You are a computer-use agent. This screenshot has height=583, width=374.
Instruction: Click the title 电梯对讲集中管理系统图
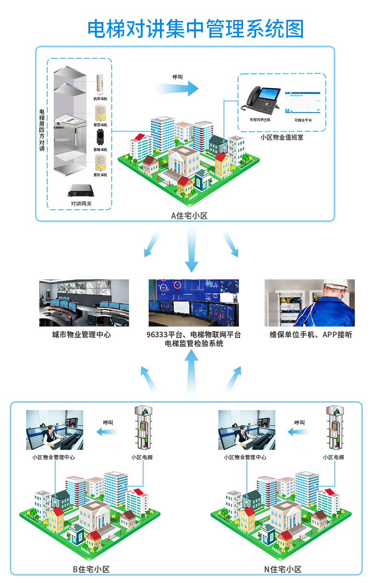point(195,28)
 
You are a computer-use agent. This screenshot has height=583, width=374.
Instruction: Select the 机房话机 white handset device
point(100,84)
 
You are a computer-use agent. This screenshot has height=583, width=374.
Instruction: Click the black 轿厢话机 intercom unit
point(100,137)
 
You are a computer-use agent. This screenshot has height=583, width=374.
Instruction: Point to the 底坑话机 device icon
point(100,162)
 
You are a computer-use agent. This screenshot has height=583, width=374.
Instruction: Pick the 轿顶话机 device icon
point(100,111)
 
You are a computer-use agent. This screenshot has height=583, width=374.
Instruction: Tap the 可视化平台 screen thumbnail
point(303,102)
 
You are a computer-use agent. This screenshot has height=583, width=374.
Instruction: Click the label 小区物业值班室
point(281,137)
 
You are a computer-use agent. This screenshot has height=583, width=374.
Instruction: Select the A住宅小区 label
point(189,215)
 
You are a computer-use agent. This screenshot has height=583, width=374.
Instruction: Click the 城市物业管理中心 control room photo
point(84,303)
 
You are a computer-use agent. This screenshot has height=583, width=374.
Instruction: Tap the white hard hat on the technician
point(335,284)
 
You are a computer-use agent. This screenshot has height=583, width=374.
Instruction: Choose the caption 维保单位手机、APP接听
point(311,334)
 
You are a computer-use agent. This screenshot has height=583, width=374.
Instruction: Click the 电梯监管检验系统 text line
point(194,343)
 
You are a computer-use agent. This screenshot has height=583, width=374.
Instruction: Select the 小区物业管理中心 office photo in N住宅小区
point(247,430)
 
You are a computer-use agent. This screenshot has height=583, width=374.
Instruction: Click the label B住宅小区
point(91,569)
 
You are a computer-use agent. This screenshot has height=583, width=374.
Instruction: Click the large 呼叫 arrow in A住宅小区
point(178,87)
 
